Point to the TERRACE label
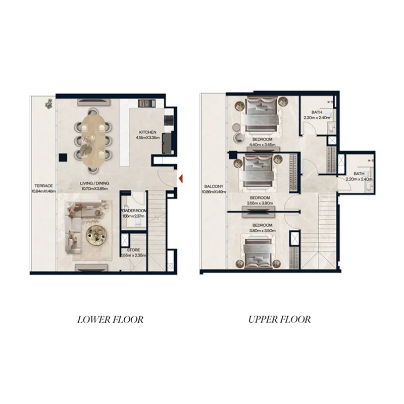coord(42,185)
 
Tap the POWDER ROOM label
coord(133,211)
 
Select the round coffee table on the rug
coord(96,233)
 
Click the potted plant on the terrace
coord(49,104)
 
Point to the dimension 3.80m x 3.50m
coord(263,231)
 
